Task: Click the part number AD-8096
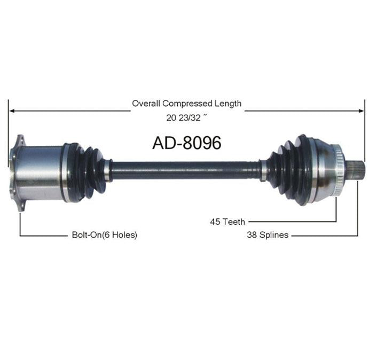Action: click(x=187, y=143)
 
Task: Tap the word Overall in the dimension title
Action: click(x=146, y=104)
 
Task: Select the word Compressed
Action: click(x=187, y=104)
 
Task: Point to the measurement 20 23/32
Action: click(x=183, y=118)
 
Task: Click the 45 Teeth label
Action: click(x=227, y=222)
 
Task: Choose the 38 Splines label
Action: click(x=268, y=234)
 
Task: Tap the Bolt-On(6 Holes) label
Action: click(x=105, y=234)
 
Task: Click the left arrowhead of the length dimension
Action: click(x=12, y=111)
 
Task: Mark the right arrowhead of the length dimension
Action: click(x=361, y=111)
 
